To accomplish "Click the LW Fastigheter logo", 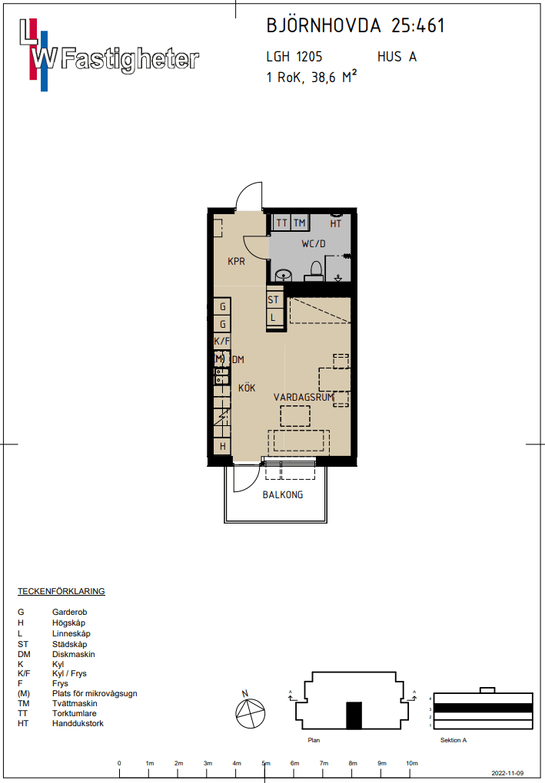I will [x=108, y=52].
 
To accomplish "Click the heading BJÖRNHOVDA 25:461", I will [x=355, y=26].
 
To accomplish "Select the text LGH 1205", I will [x=294, y=57].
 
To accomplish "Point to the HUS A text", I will [x=397, y=57].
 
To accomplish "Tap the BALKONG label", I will [x=283, y=495].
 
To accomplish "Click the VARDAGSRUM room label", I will [x=304, y=398].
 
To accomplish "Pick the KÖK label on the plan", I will [x=247, y=388].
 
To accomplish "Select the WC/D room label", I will [x=314, y=245].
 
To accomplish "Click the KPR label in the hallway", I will [x=236, y=262].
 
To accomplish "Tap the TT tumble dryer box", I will [x=281, y=223].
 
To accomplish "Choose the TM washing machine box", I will [x=299, y=223].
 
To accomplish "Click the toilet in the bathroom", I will [x=315, y=269].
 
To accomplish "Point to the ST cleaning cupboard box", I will [x=274, y=300].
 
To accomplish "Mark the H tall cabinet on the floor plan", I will [x=223, y=446].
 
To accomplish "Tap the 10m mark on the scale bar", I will [x=412, y=763].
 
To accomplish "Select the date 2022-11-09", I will [x=507, y=774].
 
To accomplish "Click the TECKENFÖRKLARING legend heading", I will [x=61, y=592].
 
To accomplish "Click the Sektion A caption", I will [x=454, y=740].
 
